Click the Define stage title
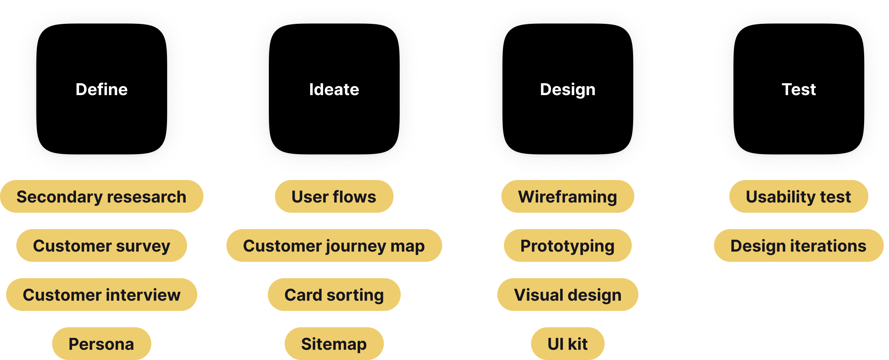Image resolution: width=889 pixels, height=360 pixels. click(x=102, y=89)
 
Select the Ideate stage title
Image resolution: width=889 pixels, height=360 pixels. click(x=334, y=89)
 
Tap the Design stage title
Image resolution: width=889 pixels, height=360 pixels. click(x=567, y=89)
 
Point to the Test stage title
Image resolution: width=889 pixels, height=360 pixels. click(x=799, y=89)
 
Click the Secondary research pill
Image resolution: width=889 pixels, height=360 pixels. click(x=102, y=196)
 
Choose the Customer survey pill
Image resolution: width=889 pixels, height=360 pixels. click(x=102, y=245)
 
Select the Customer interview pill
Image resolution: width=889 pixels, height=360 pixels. click(x=102, y=295)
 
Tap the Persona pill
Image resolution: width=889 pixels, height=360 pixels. click(x=102, y=344)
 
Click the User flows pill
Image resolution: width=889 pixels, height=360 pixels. click(x=334, y=196)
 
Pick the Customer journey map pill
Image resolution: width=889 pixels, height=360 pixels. click(x=334, y=245)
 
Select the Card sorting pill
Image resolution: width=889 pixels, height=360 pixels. click(x=334, y=295)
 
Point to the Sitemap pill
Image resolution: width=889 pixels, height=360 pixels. click(x=334, y=344)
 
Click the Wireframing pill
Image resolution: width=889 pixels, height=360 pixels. click(x=567, y=196)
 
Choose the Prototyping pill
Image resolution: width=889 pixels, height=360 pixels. click(x=567, y=245)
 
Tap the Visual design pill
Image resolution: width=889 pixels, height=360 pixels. click(x=567, y=295)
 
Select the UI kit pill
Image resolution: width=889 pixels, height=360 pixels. click(x=567, y=344)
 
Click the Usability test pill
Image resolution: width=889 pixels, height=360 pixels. click(x=798, y=196)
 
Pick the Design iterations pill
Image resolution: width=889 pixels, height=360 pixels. click(x=798, y=245)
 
